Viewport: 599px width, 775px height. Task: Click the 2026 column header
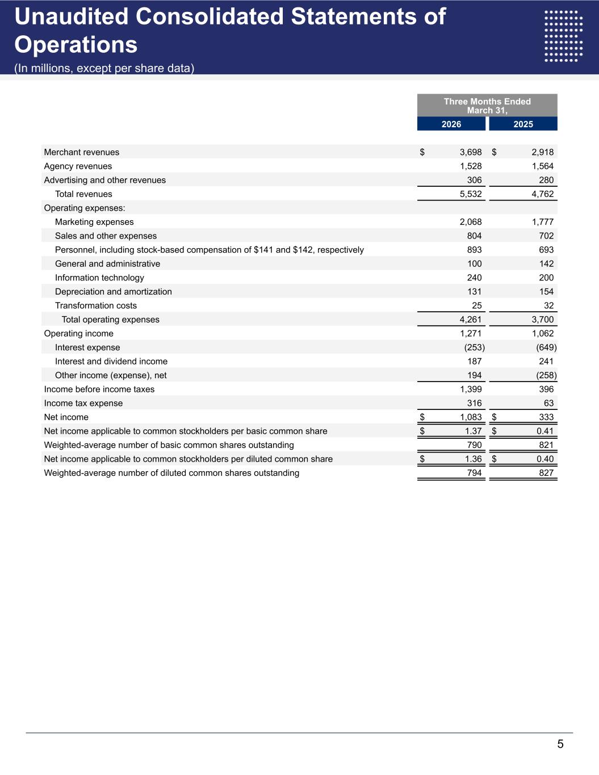tap(451, 124)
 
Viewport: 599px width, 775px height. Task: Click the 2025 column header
tap(523, 124)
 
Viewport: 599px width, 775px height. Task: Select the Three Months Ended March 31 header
tap(487, 106)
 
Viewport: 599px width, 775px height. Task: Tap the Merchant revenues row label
tap(82, 152)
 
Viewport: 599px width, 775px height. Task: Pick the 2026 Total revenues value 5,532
tap(471, 194)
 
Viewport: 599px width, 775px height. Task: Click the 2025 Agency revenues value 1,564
tap(542, 166)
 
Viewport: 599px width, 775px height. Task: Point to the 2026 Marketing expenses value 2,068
tap(471, 222)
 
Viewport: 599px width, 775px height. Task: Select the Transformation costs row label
tap(96, 305)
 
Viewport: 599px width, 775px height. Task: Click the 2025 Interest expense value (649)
tap(546, 347)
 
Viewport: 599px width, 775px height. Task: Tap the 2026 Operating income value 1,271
tap(471, 333)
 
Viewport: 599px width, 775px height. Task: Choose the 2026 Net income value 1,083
tap(471, 417)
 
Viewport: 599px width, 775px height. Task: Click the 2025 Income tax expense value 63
tap(548, 403)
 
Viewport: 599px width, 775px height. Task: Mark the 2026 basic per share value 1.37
tap(473, 431)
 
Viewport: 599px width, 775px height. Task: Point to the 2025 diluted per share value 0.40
tap(545, 459)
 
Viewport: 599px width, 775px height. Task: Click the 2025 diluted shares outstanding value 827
tap(546, 473)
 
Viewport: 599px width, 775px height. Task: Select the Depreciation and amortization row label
tap(114, 292)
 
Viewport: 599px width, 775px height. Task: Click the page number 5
tap(560, 744)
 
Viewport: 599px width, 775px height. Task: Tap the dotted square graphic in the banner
tap(563, 36)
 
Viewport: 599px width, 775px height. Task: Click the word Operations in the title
tap(76, 45)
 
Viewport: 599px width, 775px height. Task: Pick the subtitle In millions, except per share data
tap(104, 69)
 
